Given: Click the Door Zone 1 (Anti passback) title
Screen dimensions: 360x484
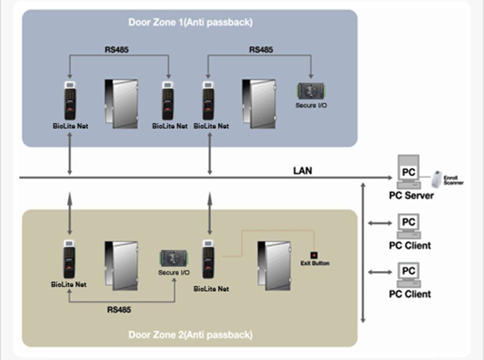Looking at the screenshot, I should pyautogui.click(x=190, y=23).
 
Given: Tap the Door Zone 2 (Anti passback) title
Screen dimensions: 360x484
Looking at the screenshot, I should pyautogui.click(x=190, y=334).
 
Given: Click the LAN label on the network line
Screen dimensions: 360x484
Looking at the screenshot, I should pyautogui.click(x=302, y=170).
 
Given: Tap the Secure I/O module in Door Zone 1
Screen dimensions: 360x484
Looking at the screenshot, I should pyautogui.click(x=311, y=91).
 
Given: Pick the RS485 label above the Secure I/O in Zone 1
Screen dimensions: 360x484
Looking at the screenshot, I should pyautogui.click(x=261, y=50).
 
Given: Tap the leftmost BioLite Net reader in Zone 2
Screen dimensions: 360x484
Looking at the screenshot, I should pyautogui.click(x=69, y=259).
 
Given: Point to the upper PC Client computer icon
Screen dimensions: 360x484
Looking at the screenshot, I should pyautogui.click(x=408, y=226).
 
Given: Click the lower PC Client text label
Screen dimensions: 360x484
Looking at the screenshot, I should pyautogui.click(x=409, y=294).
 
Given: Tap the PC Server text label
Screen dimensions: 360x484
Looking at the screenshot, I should pyautogui.click(x=411, y=195).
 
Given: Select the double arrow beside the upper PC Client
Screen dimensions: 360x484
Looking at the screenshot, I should pyautogui.click(x=376, y=223).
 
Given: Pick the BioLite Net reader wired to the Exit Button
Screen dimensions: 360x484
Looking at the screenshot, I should pyautogui.click(x=208, y=259).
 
